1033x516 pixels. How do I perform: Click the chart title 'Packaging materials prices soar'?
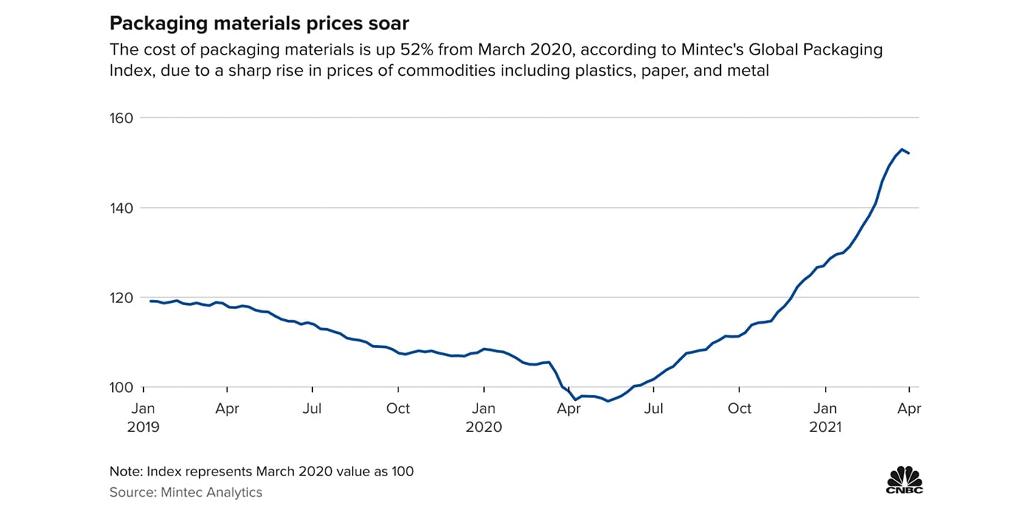pos(259,24)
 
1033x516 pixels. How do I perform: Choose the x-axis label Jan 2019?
pos(142,417)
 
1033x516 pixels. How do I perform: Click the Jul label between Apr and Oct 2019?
pos(312,408)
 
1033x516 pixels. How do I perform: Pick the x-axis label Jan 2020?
pos(484,417)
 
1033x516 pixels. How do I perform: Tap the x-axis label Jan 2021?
pos(825,417)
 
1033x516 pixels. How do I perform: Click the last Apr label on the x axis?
pos(909,408)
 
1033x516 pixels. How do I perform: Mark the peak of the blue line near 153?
pos(902,149)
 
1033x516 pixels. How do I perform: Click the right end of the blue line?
pos(909,153)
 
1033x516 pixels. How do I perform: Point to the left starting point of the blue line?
pos(151,301)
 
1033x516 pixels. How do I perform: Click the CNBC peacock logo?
pos(904,479)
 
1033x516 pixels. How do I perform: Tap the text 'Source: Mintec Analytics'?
pos(186,492)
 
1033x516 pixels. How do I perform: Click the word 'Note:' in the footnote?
pos(126,471)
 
